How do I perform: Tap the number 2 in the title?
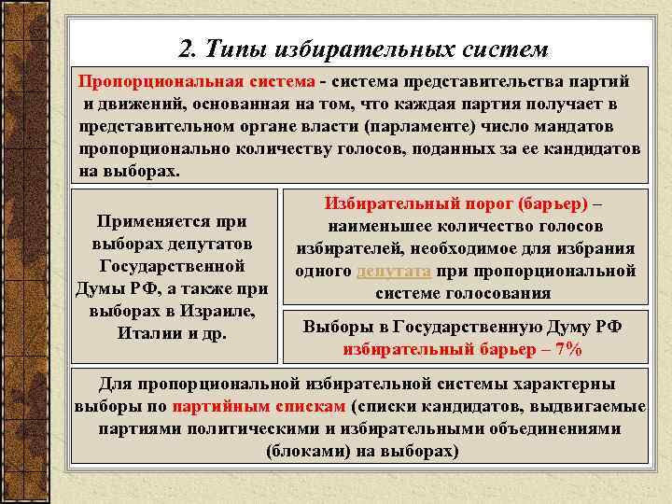tap(184, 48)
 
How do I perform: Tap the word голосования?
tap(500, 293)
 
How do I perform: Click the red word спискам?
tap(311, 406)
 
